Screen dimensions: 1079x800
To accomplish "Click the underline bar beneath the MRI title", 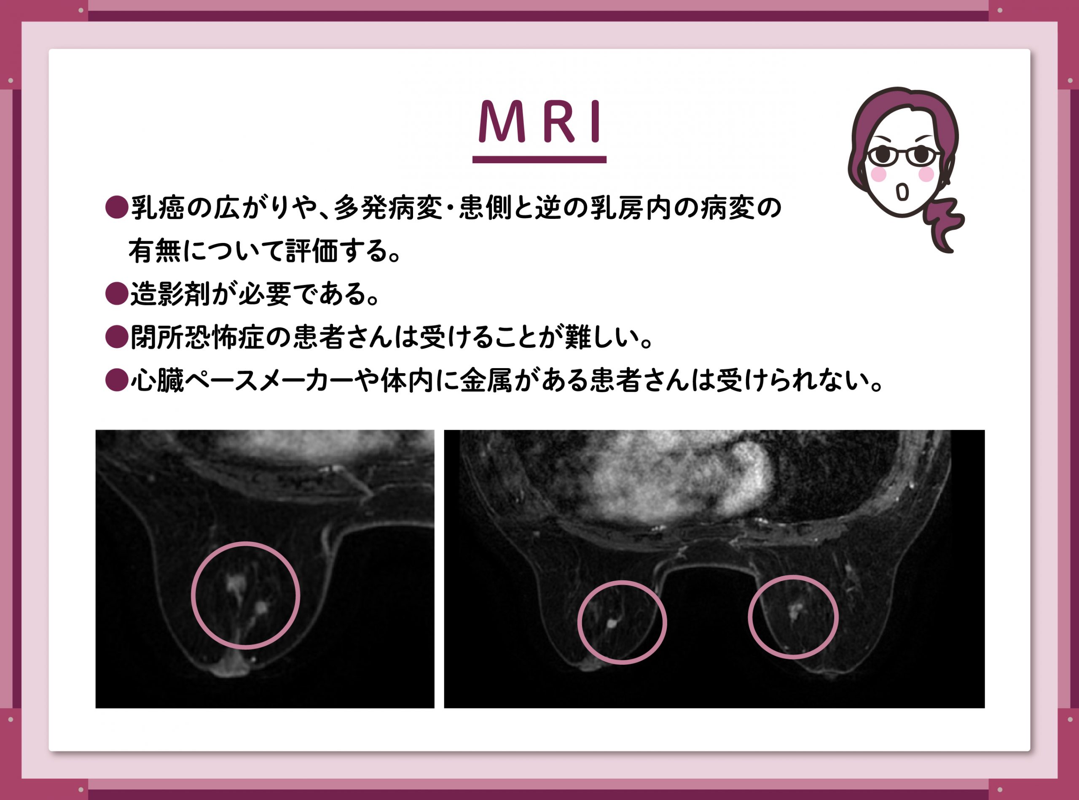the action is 539,159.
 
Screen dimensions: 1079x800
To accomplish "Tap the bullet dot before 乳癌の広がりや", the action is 116,208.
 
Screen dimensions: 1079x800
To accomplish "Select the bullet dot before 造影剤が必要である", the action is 116,294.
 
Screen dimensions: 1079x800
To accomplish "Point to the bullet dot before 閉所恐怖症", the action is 116,337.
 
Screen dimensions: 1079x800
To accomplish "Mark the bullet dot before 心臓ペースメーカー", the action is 116,380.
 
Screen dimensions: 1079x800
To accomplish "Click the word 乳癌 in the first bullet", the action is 157,208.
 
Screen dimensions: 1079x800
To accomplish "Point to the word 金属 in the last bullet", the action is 485,380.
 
